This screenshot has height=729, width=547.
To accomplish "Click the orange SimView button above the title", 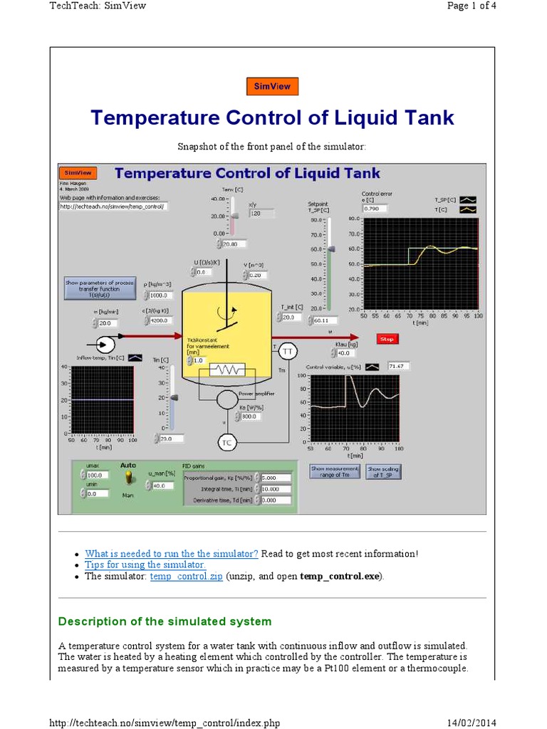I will coord(272,86).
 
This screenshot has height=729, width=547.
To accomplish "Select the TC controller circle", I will coord(227,442).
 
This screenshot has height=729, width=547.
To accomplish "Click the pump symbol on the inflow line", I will coord(105,345).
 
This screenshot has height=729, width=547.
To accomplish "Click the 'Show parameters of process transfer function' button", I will coord(100,287).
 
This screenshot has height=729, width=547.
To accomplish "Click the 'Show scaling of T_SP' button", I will coord(383,471).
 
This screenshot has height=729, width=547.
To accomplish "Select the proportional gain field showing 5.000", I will coord(276,478).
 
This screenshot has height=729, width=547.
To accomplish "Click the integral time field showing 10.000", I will coord(276,489).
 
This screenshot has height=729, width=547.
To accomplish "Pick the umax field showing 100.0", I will coord(97,475).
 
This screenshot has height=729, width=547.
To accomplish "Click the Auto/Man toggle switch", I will coord(128,479).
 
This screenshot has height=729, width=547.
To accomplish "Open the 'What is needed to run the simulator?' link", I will coord(172,553).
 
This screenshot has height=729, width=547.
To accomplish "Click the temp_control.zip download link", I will coord(186,576).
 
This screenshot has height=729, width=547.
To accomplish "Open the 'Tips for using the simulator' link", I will coord(145,565).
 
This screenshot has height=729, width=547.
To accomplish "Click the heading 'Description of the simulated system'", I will coord(165,622).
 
